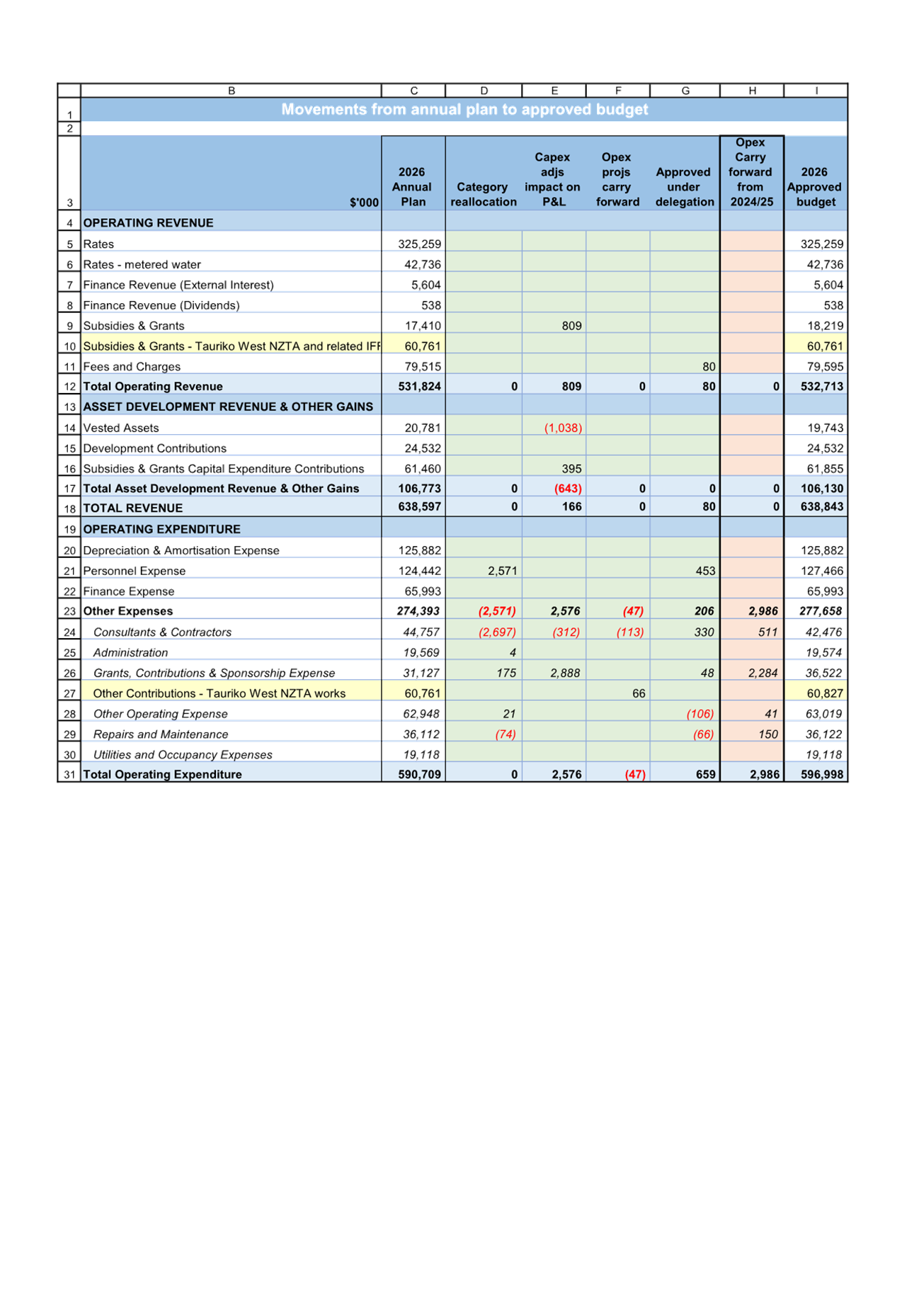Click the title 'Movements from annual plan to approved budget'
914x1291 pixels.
tap(464, 109)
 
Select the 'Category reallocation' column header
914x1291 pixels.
tap(484, 194)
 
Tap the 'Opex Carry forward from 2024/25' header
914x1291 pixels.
tap(750, 172)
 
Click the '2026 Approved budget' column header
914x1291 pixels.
tap(815, 187)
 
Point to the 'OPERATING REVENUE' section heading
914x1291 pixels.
tap(148, 222)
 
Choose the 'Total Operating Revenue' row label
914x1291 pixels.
tap(153, 386)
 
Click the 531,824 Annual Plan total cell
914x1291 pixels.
tap(419, 386)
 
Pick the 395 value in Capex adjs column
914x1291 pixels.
tap(571, 468)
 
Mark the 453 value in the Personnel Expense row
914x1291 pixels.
tap(705, 571)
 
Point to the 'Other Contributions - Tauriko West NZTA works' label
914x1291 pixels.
tap(219, 693)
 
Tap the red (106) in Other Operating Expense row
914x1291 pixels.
tap(700, 714)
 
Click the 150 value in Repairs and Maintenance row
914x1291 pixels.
tap(768, 734)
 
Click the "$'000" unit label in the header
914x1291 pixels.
tap(364, 203)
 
